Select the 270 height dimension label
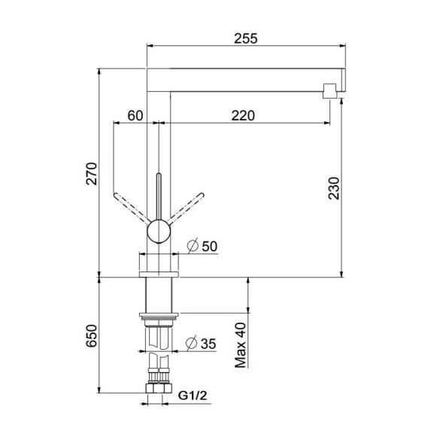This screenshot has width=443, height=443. pyautogui.click(x=92, y=173)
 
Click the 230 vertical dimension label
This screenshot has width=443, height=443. pyautogui.click(x=335, y=188)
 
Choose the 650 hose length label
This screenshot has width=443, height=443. pyautogui.click(x=92, y=335)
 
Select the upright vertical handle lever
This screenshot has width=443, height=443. pyautogui.click(x=158, y=196)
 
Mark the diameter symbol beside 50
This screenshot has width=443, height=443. pyautogui.click(x=192, y=246)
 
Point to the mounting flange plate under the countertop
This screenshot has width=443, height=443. pyautogui.click(x=158, y=316)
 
